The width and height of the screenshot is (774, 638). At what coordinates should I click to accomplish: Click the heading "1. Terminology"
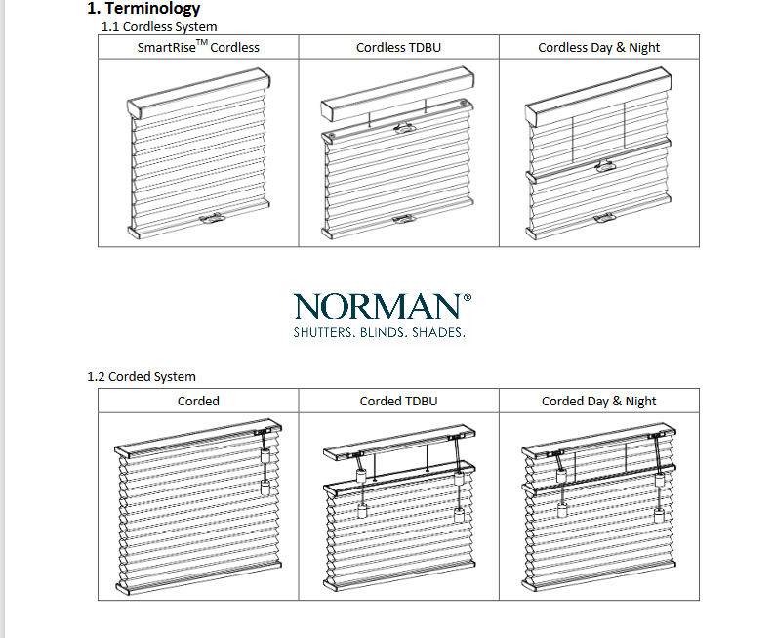click(x=143, y=8)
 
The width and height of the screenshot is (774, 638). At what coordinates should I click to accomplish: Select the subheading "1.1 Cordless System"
click(x=159, y=26)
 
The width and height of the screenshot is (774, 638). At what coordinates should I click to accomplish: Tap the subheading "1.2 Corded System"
click(x=142, y=376)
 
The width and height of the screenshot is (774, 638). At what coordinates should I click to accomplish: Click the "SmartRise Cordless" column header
click(x=198, y=47)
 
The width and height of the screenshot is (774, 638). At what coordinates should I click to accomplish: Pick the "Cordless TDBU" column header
click(x=398, y=48)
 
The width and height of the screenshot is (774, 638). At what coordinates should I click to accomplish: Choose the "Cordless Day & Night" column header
click(x=598, y=48)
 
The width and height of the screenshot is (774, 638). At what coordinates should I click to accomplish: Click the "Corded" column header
click(x=198, y=401)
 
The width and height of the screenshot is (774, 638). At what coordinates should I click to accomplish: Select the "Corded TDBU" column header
click(x=398, y=401)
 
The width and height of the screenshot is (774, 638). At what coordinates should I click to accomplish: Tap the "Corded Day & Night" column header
click(x=598, y=401)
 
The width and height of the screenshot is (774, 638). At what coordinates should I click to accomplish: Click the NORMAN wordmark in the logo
click(x=378, y=307)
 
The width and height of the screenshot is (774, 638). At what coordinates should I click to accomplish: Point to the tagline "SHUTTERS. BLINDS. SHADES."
click(x=379, y=332)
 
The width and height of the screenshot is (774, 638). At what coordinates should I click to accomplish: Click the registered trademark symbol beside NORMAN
click(x=468, y=297)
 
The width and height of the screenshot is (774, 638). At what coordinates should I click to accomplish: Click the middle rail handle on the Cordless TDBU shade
click(x=405, y=127)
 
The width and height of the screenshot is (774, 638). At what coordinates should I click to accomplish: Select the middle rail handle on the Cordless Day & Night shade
click(x=606, y=166)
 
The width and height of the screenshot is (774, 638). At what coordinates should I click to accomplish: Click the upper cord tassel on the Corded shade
click(x=265, y=456)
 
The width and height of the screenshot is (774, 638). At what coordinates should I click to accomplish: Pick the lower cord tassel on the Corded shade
click(x=265, y=488)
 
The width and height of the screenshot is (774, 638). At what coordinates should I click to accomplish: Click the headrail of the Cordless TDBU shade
click(x=398, y=94)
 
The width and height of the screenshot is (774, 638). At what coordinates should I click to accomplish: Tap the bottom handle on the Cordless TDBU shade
click(x=405, y=218)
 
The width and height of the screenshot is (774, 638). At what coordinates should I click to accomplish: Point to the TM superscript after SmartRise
click(x=201, y=42)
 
